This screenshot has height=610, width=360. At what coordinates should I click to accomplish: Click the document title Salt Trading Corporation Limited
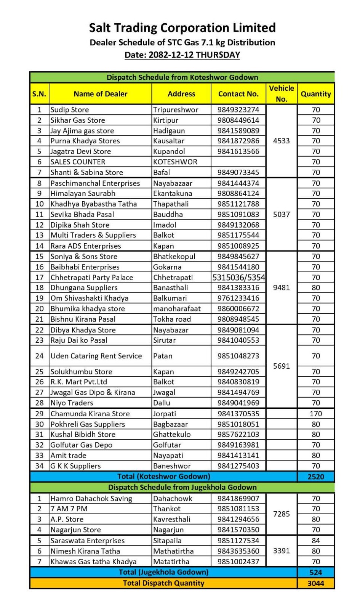(182, 28)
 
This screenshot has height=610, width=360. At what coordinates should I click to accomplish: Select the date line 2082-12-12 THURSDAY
(182, 55)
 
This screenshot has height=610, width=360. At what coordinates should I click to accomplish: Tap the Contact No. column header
(238, 94)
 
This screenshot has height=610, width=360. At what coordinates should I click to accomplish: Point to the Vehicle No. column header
(282, 94)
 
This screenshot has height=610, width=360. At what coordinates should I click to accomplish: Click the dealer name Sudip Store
(70, 110)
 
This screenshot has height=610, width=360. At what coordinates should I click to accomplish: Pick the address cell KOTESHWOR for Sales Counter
(175, 162)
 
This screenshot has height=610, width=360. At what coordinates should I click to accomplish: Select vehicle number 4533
(282, 141)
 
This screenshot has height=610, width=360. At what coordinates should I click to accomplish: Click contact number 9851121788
(238, 204)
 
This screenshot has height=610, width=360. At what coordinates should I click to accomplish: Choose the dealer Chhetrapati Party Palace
(92, 278)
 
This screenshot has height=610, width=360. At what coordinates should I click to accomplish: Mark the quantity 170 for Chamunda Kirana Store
(316, 414)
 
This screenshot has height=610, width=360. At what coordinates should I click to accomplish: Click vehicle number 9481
(282, 288)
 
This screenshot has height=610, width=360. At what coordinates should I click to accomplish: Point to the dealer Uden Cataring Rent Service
(96, 356)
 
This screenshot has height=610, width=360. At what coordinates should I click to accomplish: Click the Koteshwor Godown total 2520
(316, 477)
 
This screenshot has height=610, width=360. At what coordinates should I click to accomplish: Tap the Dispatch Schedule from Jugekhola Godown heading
(182, 487)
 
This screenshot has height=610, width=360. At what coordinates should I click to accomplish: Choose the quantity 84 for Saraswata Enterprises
(316, 541)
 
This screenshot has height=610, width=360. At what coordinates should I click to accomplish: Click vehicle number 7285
(282, 514)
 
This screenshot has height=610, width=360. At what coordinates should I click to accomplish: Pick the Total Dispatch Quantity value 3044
(316, 583)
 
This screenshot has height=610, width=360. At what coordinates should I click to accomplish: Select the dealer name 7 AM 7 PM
(69, 509)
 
